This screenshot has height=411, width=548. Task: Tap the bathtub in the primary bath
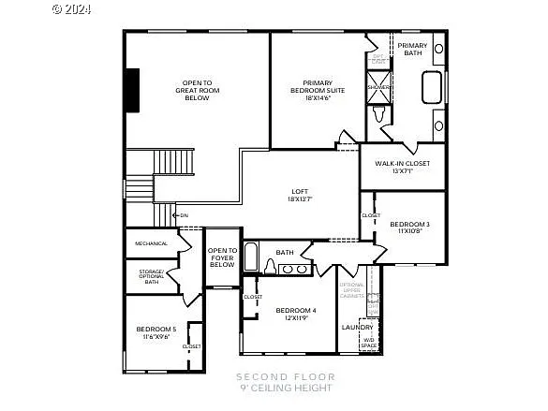pyautogui.click(x=432, y=86)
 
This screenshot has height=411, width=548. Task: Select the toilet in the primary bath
pyautogui.click(x=378, y=114)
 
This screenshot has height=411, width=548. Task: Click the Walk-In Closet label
pyautogui.click(x=402, y=164)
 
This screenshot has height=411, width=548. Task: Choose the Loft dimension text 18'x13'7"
pyautogui.click(x=300, y=199)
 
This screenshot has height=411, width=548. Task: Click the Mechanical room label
pyautogui.click(x=151, y=243)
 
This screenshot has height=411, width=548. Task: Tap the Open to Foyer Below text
pyautogui.click(x=222, y=257)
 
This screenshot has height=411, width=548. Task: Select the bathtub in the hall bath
pyautogui.click(x=251, y=257)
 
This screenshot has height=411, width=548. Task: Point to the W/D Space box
pyautogui.click(x=369, y=342)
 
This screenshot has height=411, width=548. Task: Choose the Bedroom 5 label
pyautogui.click(x=156, y=331)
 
